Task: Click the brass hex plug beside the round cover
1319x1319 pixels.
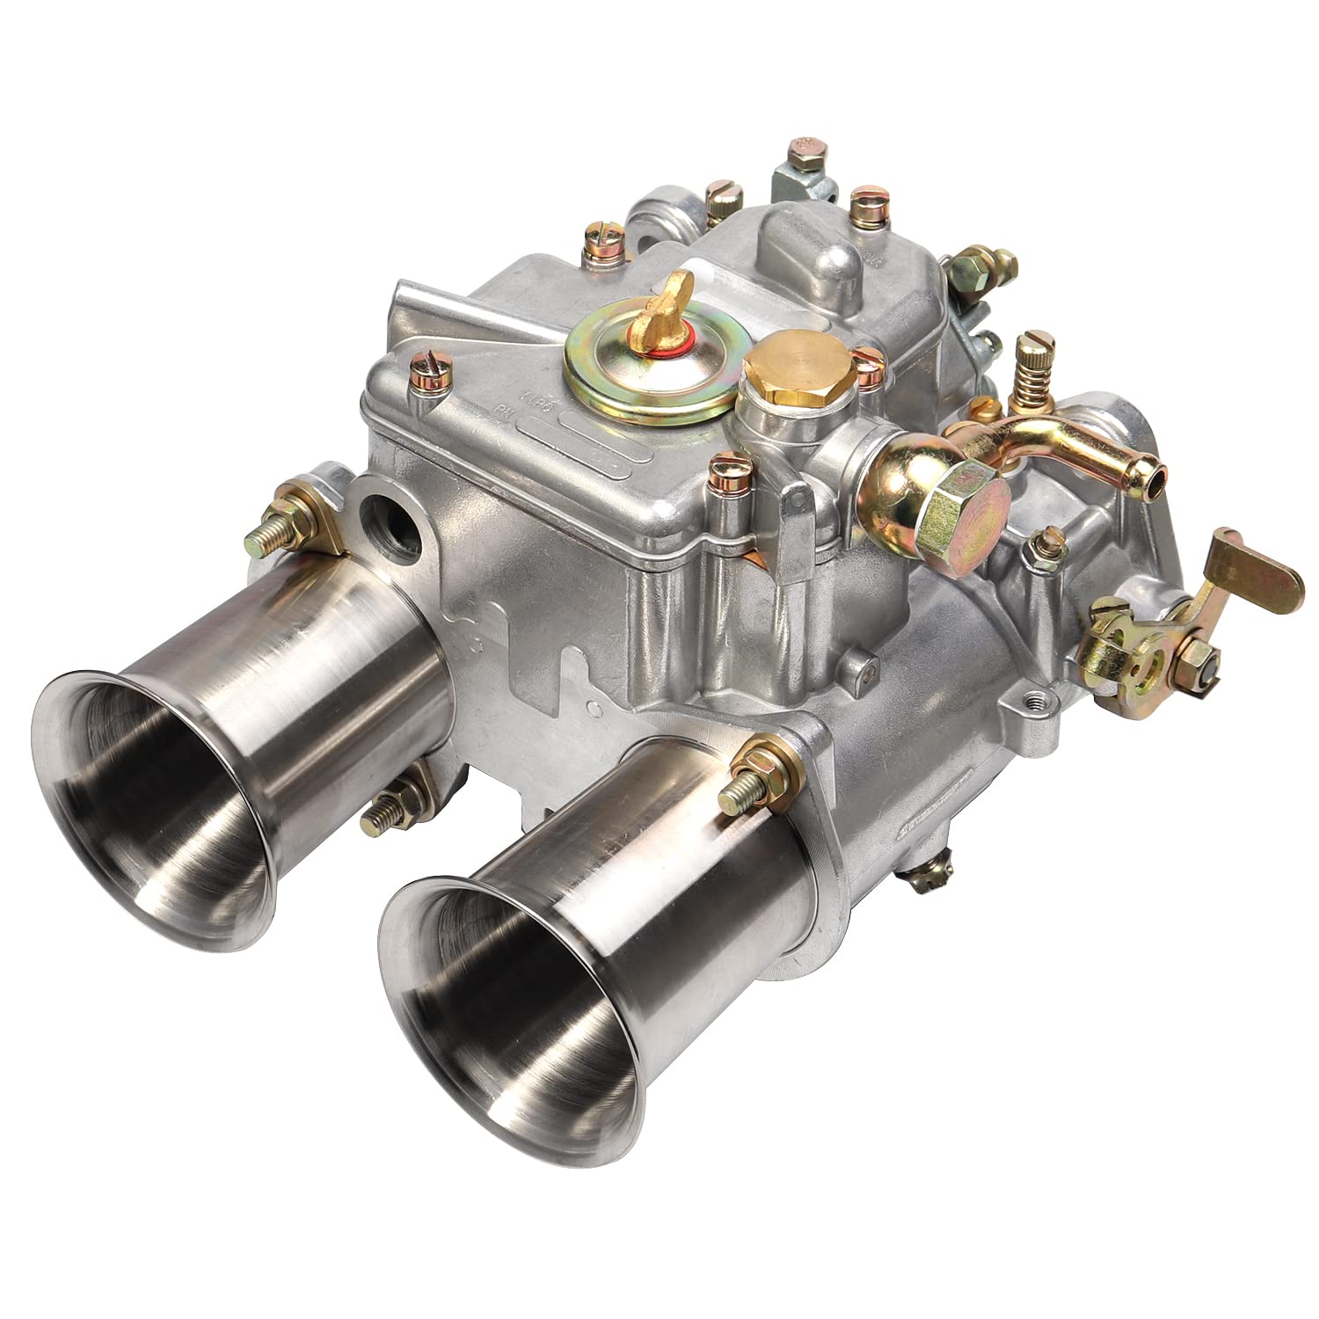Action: tap(797, 366)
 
